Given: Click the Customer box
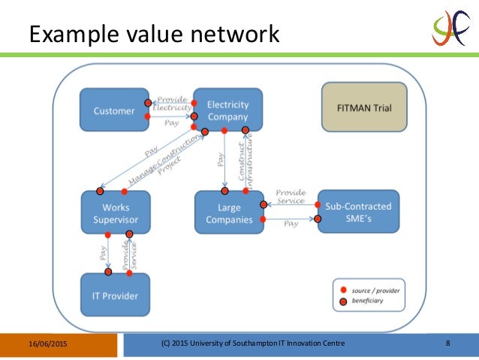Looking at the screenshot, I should [115, 110].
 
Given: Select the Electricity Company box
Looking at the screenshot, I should [227, 110].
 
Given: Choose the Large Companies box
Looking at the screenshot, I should [228, 213].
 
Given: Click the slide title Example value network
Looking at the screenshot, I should [154, 34].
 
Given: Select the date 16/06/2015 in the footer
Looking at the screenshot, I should [44, 344].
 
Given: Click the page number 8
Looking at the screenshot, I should [447, 344].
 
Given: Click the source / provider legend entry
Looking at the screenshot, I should [372, 289].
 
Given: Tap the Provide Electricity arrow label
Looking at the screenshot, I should [172, 103].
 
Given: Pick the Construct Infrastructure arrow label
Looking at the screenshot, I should [242, 162].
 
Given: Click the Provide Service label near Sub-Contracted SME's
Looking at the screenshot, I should [290, 196].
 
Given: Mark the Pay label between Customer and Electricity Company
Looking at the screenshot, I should [172, 123].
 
